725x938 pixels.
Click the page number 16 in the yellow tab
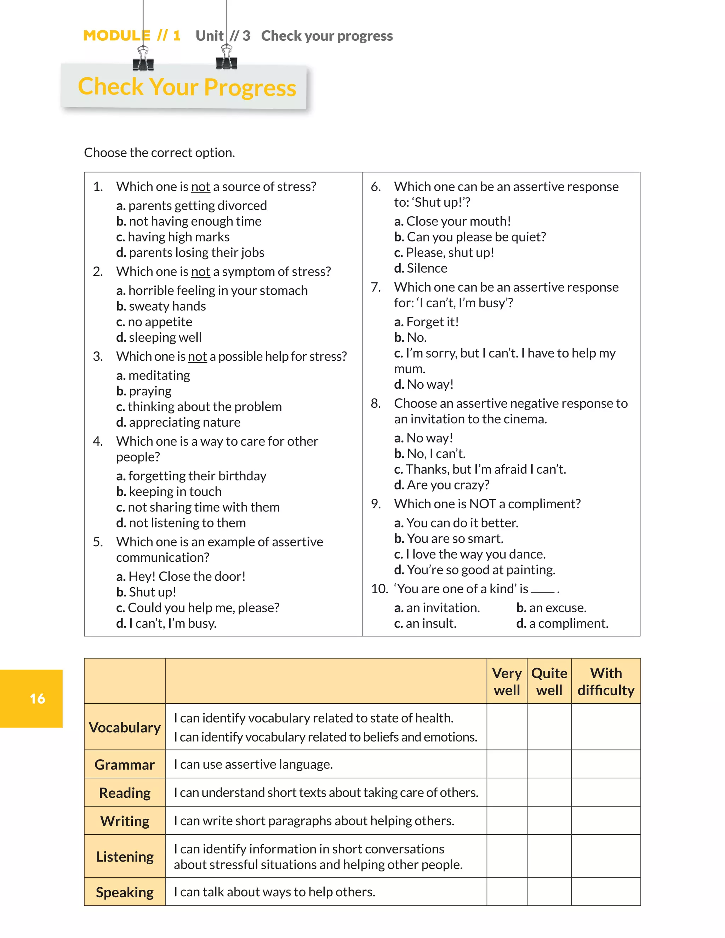(38, 698)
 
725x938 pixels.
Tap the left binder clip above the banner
(143, 59)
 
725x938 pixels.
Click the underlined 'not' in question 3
(198, 356)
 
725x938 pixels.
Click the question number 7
(376, 287)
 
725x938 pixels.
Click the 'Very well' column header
(507, 682)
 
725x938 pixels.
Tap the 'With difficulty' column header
(606, 682)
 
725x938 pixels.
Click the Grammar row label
(125, 765)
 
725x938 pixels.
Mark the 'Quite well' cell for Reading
(549, 793)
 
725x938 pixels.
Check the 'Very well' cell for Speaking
(507, 892)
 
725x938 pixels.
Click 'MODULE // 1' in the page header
(132, 36)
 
